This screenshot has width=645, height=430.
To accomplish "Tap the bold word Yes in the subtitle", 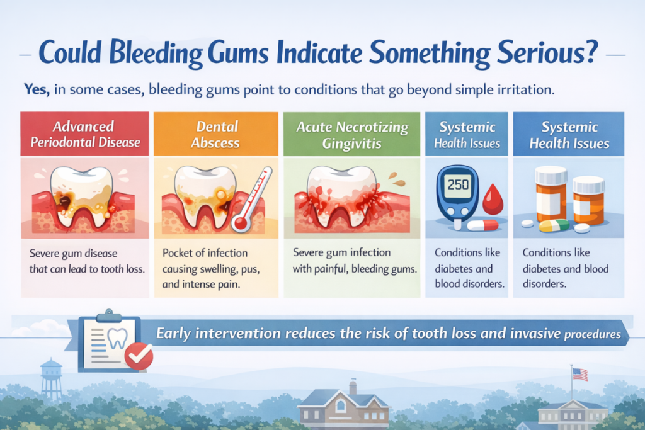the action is click(36, 89).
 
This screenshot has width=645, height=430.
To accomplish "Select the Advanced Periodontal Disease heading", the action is click(85, 134).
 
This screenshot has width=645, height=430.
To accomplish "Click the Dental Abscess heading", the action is click(215, 135).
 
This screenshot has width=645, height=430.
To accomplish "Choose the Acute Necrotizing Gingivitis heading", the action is click(352, 135).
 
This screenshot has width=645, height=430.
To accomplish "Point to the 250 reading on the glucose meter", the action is click(458, 184).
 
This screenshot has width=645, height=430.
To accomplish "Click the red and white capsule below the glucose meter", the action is click(483, 225).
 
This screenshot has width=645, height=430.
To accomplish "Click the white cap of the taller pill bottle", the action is click(551, 175).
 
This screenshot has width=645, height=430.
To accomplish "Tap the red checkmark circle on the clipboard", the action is click(139, 356).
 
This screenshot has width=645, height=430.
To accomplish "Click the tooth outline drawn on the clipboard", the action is click(117, 338).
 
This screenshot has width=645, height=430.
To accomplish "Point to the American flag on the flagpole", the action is click(580, 374).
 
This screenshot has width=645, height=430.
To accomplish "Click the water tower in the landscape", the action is click(51, 379).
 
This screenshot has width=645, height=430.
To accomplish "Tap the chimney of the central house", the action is click(353, 387).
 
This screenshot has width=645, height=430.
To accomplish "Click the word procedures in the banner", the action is click(592, 334).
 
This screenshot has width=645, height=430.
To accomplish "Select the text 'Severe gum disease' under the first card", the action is click(73, 253).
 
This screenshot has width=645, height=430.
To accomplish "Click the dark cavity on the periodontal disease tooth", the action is click(65, 202).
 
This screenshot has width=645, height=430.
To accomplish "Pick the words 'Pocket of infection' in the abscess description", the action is click(205, 253).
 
